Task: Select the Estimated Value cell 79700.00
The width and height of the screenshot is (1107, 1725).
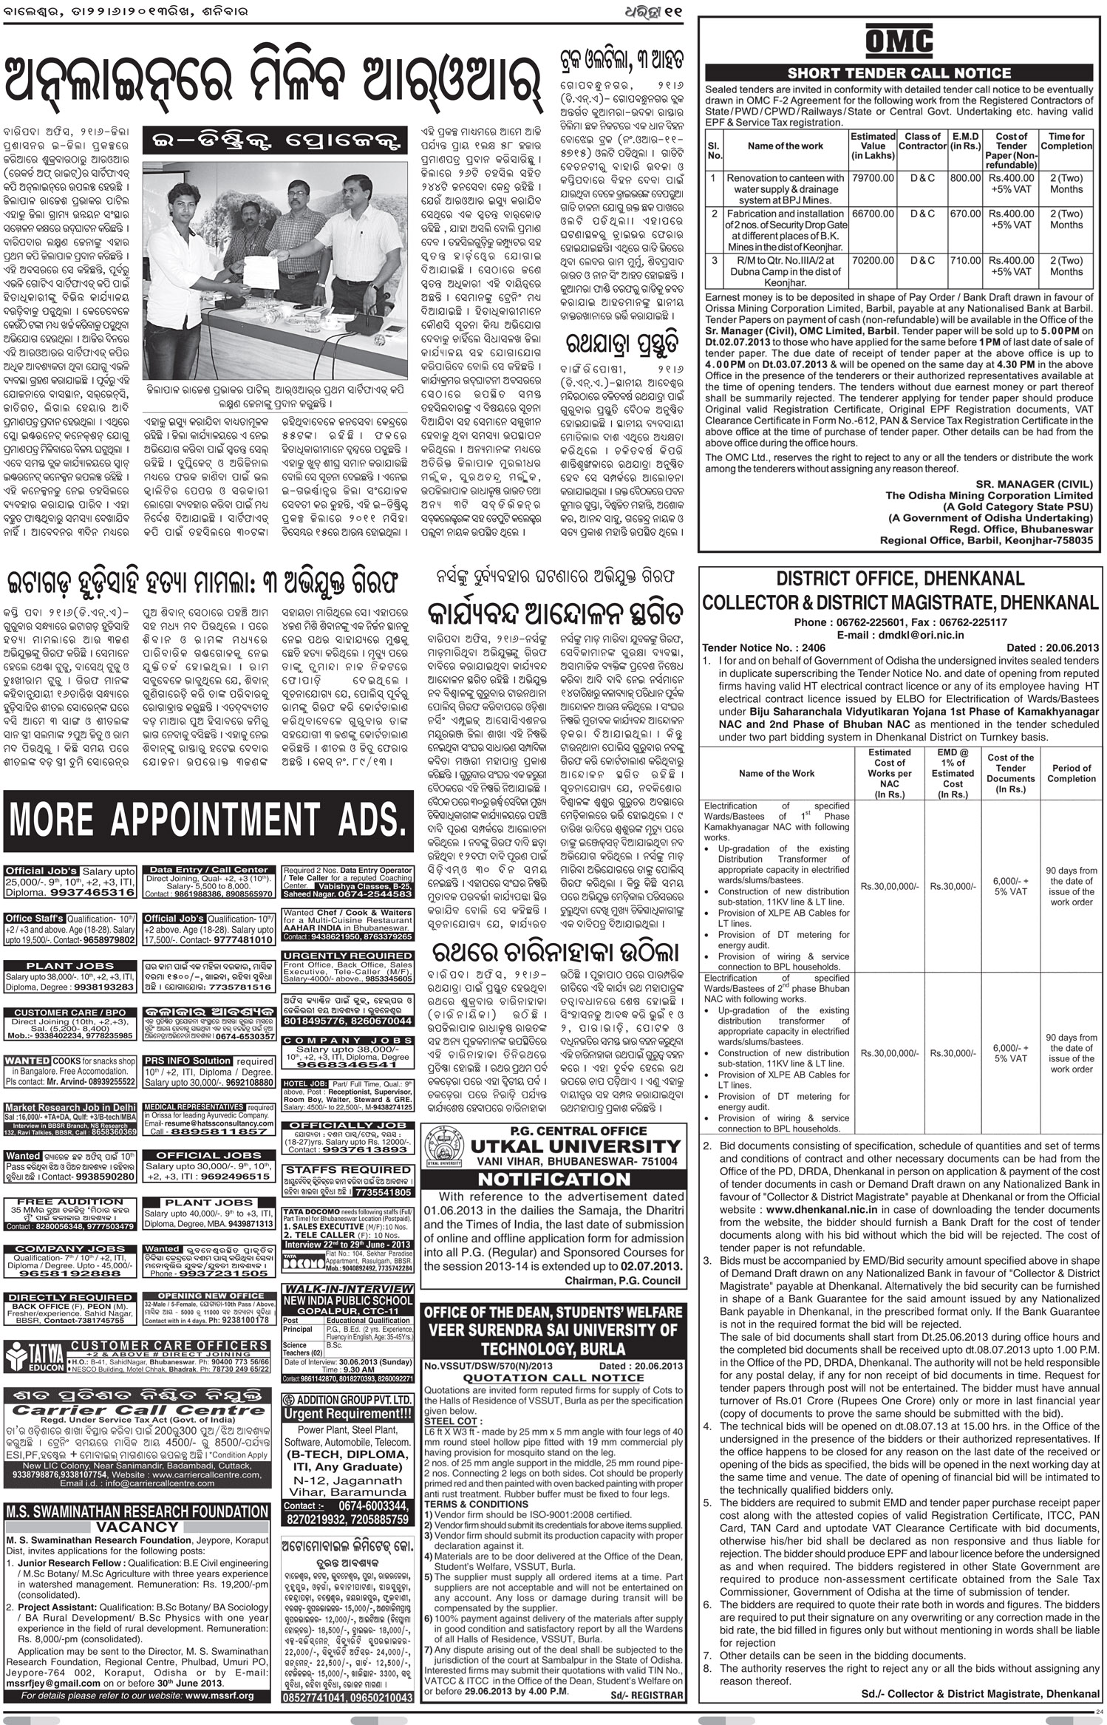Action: (x=872, y=178)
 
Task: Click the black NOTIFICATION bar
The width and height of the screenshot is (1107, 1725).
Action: (x=552, y=1179)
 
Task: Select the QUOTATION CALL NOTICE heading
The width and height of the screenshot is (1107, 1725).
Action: (x=552, y=1377)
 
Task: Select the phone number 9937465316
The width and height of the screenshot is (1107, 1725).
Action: (x=97, y=893)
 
